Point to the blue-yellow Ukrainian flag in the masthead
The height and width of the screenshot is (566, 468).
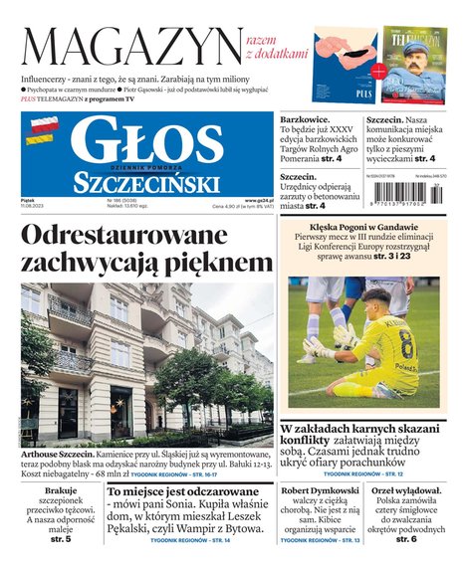[x=43, y=142]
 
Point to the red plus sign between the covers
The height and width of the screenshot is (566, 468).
[x=378, y=72]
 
